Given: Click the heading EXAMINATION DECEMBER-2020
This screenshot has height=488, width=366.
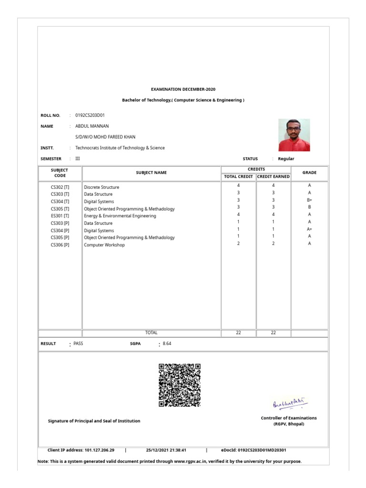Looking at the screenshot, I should pos(183,89).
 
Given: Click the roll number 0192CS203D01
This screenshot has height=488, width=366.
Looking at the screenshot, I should pos(90,115).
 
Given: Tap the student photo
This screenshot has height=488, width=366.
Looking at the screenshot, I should pos(294,135).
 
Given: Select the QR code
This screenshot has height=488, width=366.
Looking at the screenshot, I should pos(179,385).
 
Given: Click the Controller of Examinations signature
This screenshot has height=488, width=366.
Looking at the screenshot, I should pos(290,404).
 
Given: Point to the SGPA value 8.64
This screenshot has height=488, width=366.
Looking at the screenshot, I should pos(167,343).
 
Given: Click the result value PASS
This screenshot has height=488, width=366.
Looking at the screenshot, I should pos(78,343).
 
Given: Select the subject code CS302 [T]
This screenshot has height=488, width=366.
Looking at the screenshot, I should pos(60,187).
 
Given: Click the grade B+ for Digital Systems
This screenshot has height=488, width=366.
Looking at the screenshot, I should pos(309,201).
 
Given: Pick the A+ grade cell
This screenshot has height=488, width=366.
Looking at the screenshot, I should pos(309,229).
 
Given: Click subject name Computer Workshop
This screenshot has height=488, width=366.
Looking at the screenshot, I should pos(104,245).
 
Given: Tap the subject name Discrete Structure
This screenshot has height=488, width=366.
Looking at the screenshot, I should pos(102,187).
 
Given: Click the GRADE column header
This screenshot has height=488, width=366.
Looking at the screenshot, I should pos(309,173).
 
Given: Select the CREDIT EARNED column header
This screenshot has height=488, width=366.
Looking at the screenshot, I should pos(273,176).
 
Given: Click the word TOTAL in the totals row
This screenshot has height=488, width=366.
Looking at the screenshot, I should pos(151,333).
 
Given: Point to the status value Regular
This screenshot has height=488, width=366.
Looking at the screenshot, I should pos(286,159).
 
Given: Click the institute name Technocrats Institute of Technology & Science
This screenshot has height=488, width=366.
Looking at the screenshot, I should pos(120,148).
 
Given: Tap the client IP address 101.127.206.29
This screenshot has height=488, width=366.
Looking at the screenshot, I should pos(99,449).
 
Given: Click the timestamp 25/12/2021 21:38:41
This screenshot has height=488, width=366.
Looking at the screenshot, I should pos(166,449).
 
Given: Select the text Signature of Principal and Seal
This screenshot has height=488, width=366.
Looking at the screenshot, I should pos(94,421).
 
